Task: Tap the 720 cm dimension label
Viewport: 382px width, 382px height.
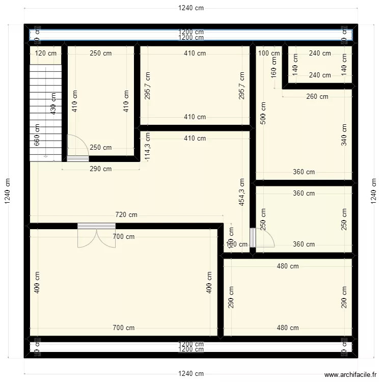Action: point(126,215)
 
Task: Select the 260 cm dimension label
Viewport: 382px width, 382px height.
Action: point(317,97)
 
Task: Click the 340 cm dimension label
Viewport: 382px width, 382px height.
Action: point(344,135)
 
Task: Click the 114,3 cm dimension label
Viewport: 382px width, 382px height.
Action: point(148,148)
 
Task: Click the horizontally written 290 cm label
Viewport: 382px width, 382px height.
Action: point(100,169)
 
